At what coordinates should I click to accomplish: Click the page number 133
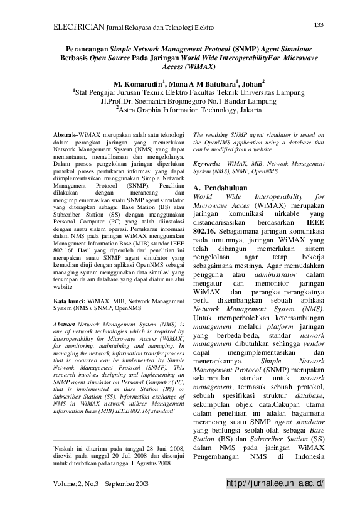point(318,24)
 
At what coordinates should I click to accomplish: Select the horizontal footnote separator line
point(98,441)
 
